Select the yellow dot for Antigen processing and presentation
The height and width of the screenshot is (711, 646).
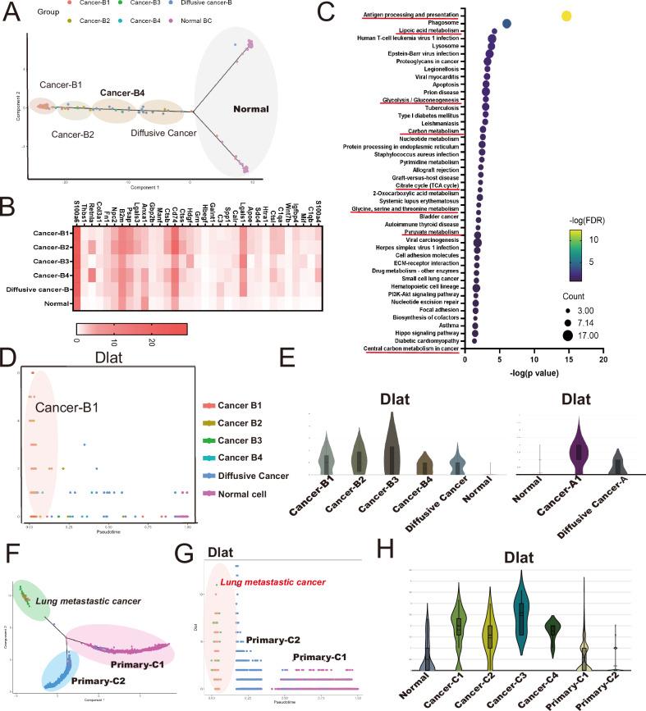point(566,16)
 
